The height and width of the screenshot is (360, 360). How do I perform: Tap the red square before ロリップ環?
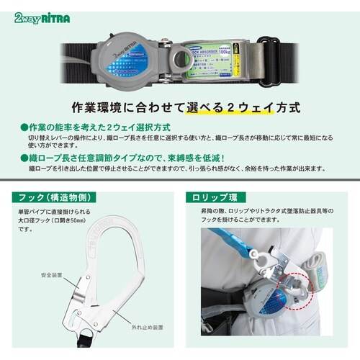(189, 196)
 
